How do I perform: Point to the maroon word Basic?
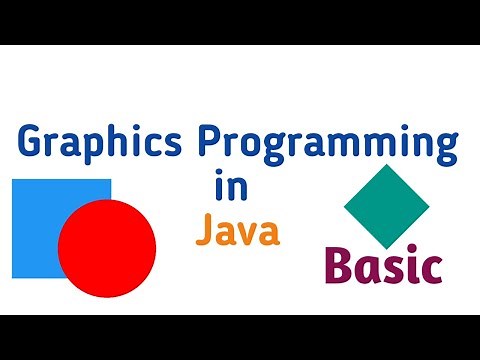383,266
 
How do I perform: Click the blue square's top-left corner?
13,180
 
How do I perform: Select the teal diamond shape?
386,207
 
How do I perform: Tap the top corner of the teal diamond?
386,165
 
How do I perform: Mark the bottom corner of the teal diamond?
386,249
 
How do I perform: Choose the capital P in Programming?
205,144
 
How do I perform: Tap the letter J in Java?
202,230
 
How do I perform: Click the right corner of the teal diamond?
429,207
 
